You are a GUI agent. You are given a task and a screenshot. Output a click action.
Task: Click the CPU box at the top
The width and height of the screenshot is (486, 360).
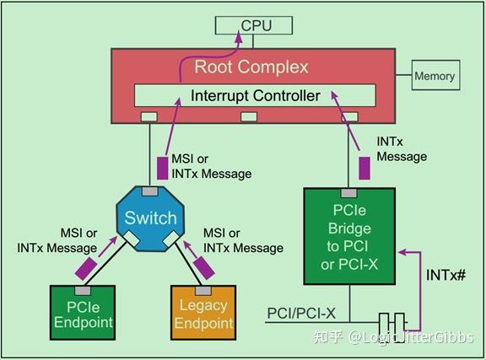[256, 25]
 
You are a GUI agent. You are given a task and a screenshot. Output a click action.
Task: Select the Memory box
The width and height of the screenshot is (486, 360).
[434, 76]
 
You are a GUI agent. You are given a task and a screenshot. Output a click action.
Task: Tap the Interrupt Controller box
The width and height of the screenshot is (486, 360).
[255, 95]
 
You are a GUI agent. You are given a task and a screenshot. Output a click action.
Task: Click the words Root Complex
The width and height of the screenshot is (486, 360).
[251, 67]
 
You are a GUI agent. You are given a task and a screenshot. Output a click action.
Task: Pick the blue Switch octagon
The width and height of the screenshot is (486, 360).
[150, 218]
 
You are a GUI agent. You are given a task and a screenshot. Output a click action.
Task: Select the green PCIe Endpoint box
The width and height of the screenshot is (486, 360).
[83, 313]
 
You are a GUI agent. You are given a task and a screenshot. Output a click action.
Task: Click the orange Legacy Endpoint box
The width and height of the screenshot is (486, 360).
[203, 313]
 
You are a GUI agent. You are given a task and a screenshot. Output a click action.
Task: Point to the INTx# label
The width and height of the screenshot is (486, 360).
[444, 276]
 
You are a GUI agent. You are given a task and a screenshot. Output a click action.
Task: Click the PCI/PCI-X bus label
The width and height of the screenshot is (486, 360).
[301, 314]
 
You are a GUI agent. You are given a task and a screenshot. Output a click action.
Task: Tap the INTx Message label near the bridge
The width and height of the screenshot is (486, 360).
[402, 148]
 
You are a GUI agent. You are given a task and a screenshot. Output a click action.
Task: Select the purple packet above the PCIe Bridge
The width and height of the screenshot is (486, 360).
[364, 166]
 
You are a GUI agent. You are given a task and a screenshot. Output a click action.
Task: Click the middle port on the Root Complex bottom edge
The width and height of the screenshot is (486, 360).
[249, 116]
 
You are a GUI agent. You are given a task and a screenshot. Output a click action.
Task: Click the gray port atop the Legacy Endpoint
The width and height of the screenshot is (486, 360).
[203, 291]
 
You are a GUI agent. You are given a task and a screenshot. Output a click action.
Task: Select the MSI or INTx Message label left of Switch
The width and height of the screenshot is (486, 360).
[57, 240]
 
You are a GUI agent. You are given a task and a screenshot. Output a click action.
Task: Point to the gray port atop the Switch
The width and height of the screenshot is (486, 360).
[149, 191]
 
